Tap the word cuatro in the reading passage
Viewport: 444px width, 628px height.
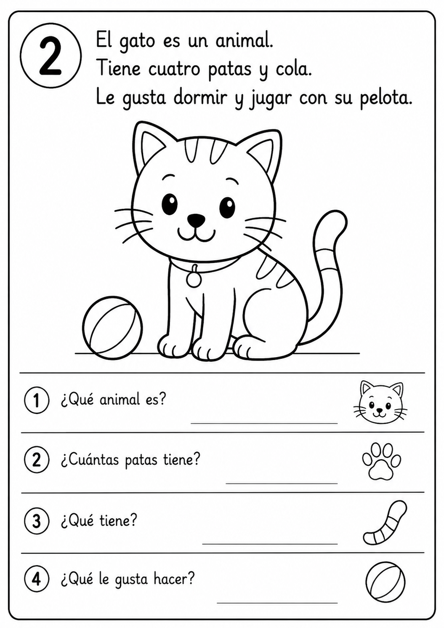click(x=175, y=70)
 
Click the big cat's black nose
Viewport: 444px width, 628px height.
click(x=196, y=219)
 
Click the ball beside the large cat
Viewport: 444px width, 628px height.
click(x=113, y=327)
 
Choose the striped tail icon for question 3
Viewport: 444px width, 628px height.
click(x=384, y=523)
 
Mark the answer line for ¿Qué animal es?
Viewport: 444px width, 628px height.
click(x=264, y=423)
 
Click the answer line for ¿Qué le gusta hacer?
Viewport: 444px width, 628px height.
click(x=277, y=603)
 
